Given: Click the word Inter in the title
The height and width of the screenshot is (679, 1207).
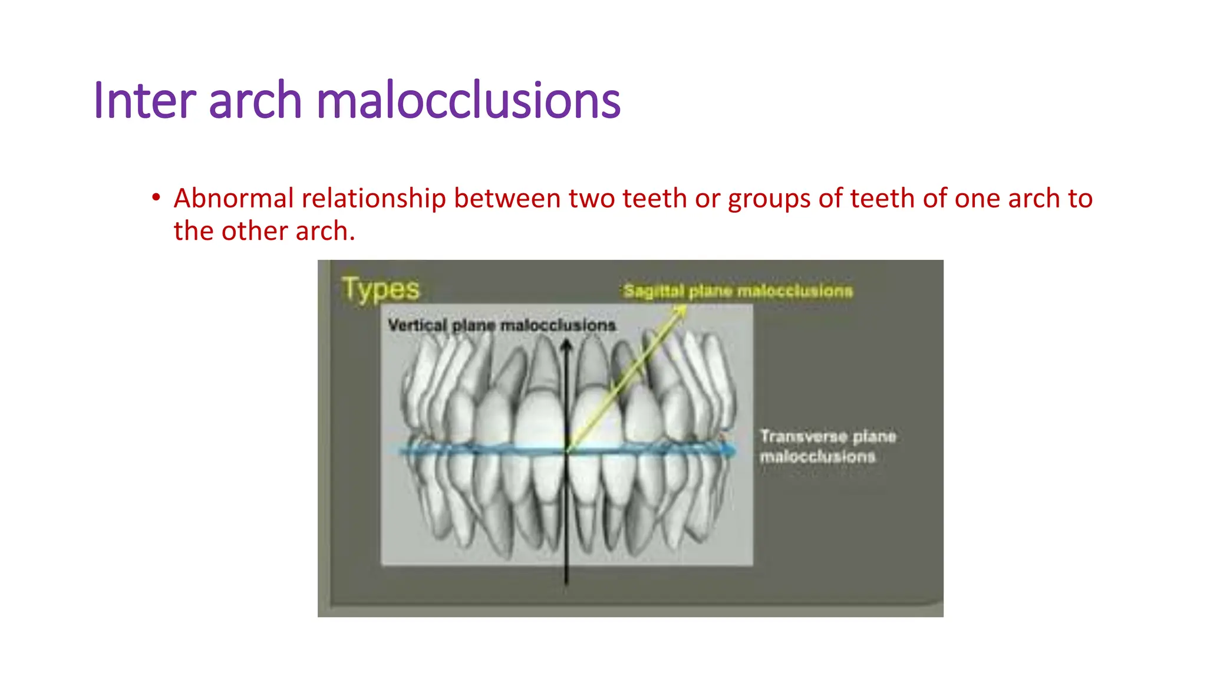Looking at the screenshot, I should (143, 100).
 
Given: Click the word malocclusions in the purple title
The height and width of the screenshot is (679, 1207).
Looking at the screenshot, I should (468, 100).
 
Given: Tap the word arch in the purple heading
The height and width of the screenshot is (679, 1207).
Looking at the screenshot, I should (255, 100).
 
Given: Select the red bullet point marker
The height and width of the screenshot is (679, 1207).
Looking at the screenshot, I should (156, 197).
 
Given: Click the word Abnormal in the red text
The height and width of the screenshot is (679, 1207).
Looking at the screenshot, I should (233, 198).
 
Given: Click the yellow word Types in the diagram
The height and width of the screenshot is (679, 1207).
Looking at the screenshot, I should (381, 289).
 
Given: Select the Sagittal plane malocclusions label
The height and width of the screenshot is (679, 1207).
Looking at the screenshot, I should (738, 291).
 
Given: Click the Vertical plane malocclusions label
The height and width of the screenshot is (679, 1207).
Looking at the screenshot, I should (502, 325).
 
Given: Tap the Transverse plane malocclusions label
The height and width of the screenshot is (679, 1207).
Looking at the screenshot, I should (827, 446).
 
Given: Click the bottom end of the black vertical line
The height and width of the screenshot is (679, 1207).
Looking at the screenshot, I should (566, 583).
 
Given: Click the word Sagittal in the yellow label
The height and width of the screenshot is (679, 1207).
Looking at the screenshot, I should (654, 291).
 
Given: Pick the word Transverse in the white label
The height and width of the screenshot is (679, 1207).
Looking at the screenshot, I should (803, 437).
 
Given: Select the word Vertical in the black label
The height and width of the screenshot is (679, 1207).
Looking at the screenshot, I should (417, 325).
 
